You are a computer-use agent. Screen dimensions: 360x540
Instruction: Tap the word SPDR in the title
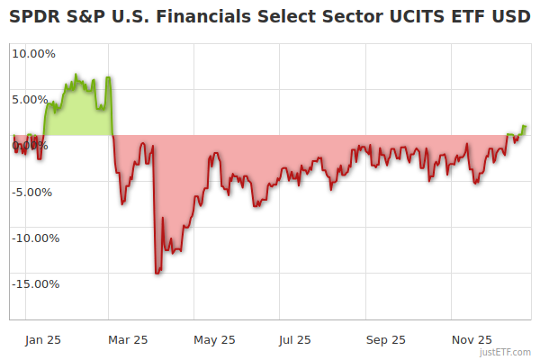click(34, 17)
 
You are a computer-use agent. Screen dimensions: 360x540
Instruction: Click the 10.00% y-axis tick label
click(33, 53)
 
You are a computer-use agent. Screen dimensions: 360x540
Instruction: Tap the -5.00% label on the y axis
click(35, 192)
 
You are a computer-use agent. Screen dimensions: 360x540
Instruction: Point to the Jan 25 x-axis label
click(42, 339)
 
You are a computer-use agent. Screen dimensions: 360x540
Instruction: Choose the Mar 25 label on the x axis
click(128, 339)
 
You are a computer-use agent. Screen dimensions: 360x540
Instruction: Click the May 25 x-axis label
click(214, 339)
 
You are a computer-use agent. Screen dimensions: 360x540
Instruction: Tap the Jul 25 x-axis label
click(294, 339)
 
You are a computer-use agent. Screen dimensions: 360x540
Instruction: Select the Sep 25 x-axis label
click(385, 339)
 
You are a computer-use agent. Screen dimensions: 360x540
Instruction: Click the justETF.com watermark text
click(505, 352)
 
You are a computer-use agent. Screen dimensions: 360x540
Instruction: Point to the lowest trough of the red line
click(157, 273)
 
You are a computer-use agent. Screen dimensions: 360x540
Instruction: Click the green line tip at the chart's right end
click(526, 127)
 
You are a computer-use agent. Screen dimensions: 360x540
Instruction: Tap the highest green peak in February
click(76, 75)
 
